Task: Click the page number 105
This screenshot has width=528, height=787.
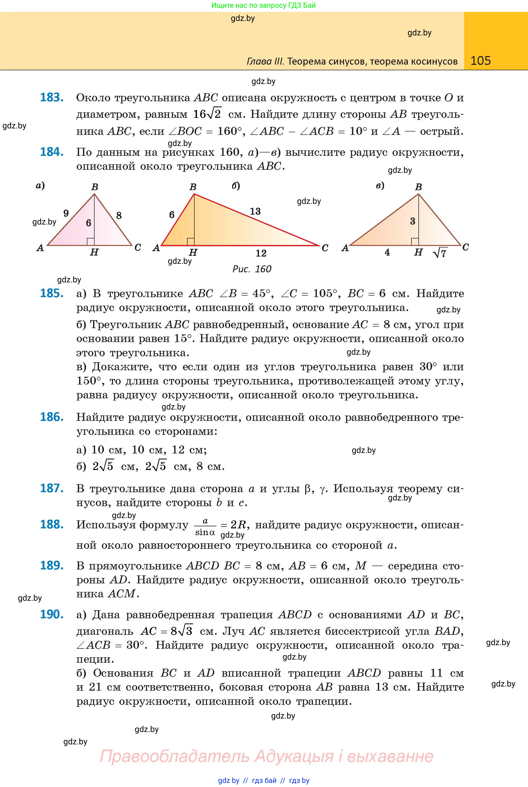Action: pos(480,61)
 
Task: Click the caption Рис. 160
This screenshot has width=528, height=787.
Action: pos(252,269)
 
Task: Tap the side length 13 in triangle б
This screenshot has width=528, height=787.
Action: pos(255,211)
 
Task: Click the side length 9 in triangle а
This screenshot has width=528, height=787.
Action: pos(66,213)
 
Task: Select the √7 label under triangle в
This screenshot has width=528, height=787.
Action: pos(440,253)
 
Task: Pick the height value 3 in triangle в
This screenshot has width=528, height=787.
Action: pos(412,221)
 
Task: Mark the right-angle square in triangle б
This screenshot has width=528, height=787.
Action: pos(190,242)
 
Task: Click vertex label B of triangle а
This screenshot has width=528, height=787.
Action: pos(95,187)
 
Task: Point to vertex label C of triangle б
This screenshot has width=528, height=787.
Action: pos(325,248)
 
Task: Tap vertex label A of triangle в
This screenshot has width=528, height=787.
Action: pos(345,248)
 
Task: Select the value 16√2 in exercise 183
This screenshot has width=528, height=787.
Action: pos(207,114)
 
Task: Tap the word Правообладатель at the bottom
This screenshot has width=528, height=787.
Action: pos(174,756)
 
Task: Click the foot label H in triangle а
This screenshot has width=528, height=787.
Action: pos(94,252)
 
